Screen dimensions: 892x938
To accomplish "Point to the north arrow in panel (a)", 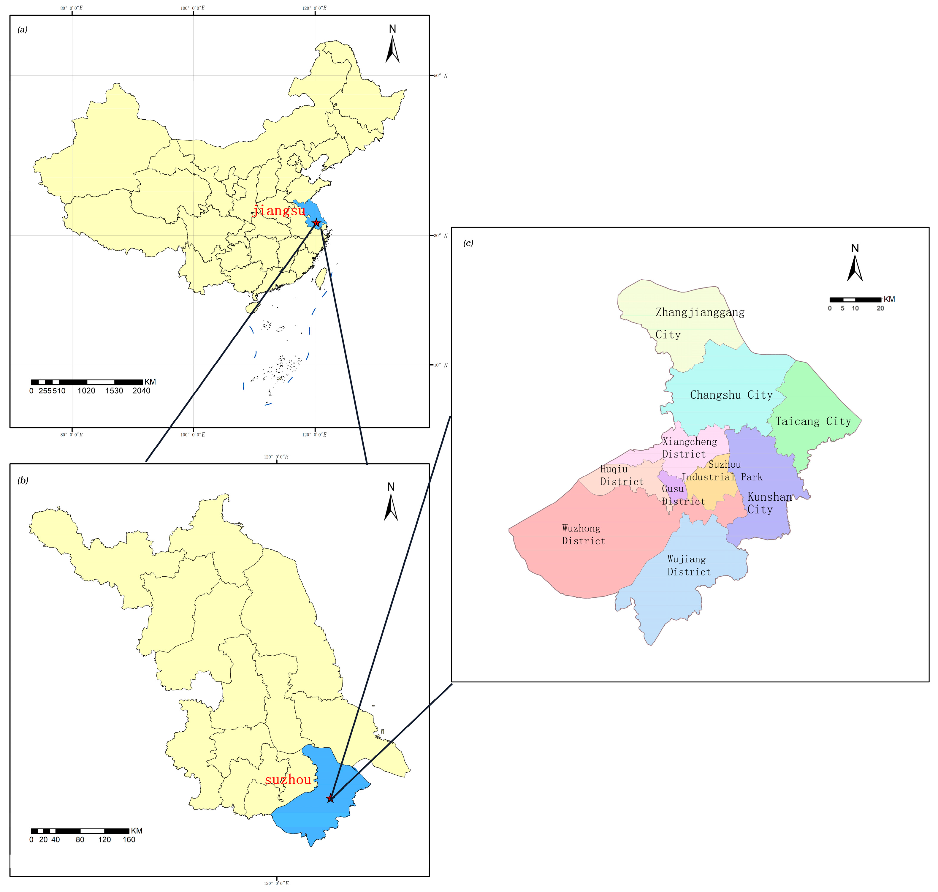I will coord(392,50).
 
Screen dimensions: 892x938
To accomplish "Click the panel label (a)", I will coord(22,29).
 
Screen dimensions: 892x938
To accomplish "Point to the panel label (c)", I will coord(468,243).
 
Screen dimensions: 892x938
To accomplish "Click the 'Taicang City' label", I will coord(813,421).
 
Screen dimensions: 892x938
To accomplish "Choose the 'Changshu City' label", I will coord(731,395).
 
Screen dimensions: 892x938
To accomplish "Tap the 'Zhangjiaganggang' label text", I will coord(700,312).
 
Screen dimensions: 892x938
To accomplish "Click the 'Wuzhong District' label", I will coord(583,534).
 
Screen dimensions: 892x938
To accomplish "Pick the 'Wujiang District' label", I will coord(689,565).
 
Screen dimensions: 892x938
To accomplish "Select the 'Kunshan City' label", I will coord(769,503).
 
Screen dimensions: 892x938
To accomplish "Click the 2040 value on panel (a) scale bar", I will coord(141,391).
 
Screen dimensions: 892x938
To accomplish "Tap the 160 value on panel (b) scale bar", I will coord(129,840).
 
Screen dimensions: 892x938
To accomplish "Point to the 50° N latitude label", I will coord(440,76).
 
